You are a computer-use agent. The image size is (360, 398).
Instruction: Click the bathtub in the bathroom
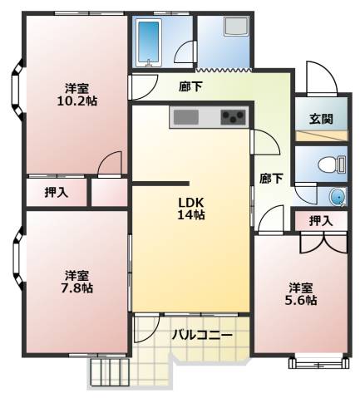pos(150,43)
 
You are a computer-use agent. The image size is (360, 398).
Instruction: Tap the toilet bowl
pos(332,165)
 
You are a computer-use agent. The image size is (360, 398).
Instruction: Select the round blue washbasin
pos(338,197)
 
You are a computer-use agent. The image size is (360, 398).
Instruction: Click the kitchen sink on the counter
pos(185,117)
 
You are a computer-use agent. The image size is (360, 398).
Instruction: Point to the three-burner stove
pos(233,117)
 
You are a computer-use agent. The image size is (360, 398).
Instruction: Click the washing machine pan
pos(237,26)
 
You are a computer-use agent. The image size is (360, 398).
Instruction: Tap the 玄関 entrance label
pos(321,119)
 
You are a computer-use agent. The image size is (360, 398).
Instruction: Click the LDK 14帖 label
pos(191,209)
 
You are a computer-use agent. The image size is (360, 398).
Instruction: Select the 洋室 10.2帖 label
pos(77,95)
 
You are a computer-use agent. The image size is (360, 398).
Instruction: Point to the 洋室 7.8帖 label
pos(77,282)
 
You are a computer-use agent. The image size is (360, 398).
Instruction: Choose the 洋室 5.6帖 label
pos(301,294)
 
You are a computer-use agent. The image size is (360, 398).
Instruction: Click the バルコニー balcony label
pos(202,335)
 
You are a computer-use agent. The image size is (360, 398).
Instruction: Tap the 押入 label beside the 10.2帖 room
pos(57,192)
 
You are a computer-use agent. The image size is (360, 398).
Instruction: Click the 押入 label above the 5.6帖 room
pos(321,221)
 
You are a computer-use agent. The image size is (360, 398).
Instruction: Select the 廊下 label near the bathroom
pos(190,86)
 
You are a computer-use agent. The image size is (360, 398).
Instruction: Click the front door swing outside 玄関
pos(322,79)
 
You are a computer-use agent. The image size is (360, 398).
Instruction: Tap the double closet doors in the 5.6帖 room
pos(323,243)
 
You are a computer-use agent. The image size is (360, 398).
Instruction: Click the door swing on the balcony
pos(146,328)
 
